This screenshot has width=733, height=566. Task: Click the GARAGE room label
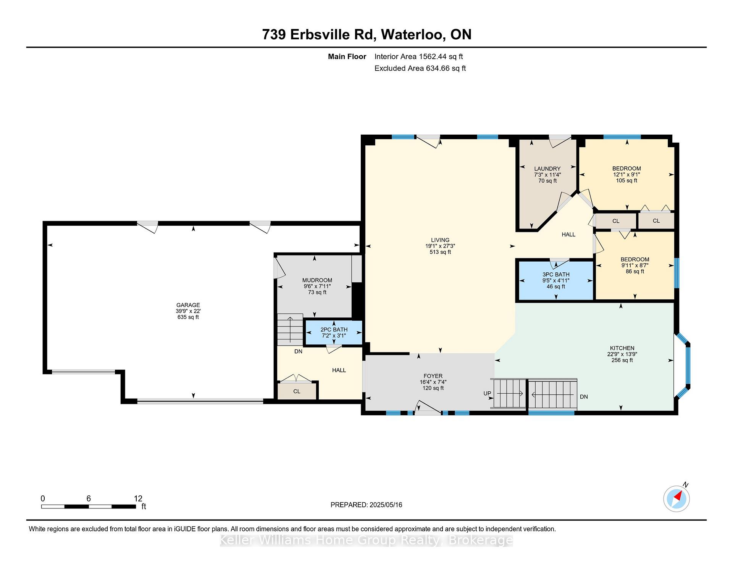point(188,305)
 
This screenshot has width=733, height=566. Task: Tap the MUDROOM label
point(317,280)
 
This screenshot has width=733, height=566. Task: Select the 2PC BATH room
point(334,333)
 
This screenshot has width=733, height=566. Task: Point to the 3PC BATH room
point(556,280)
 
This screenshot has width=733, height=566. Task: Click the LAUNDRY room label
point(547,169)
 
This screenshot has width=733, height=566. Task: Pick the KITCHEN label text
point(622,348)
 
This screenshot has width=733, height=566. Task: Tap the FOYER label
point(433,376)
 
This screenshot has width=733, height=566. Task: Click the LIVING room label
point(440,240)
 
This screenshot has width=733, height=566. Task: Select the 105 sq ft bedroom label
point(626,174)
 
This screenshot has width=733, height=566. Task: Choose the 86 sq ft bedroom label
point(635,265)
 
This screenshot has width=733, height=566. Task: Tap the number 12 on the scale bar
point(138,498)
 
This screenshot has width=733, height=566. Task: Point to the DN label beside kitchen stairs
point(584,397)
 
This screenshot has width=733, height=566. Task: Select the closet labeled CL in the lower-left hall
point(297,391)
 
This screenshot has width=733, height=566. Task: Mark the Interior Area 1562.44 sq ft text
point(418,56)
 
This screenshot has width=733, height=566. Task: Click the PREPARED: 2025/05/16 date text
point(366,505)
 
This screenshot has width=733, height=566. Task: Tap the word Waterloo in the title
point(413,35)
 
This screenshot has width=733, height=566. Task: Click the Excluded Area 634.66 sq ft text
point(420,68)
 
